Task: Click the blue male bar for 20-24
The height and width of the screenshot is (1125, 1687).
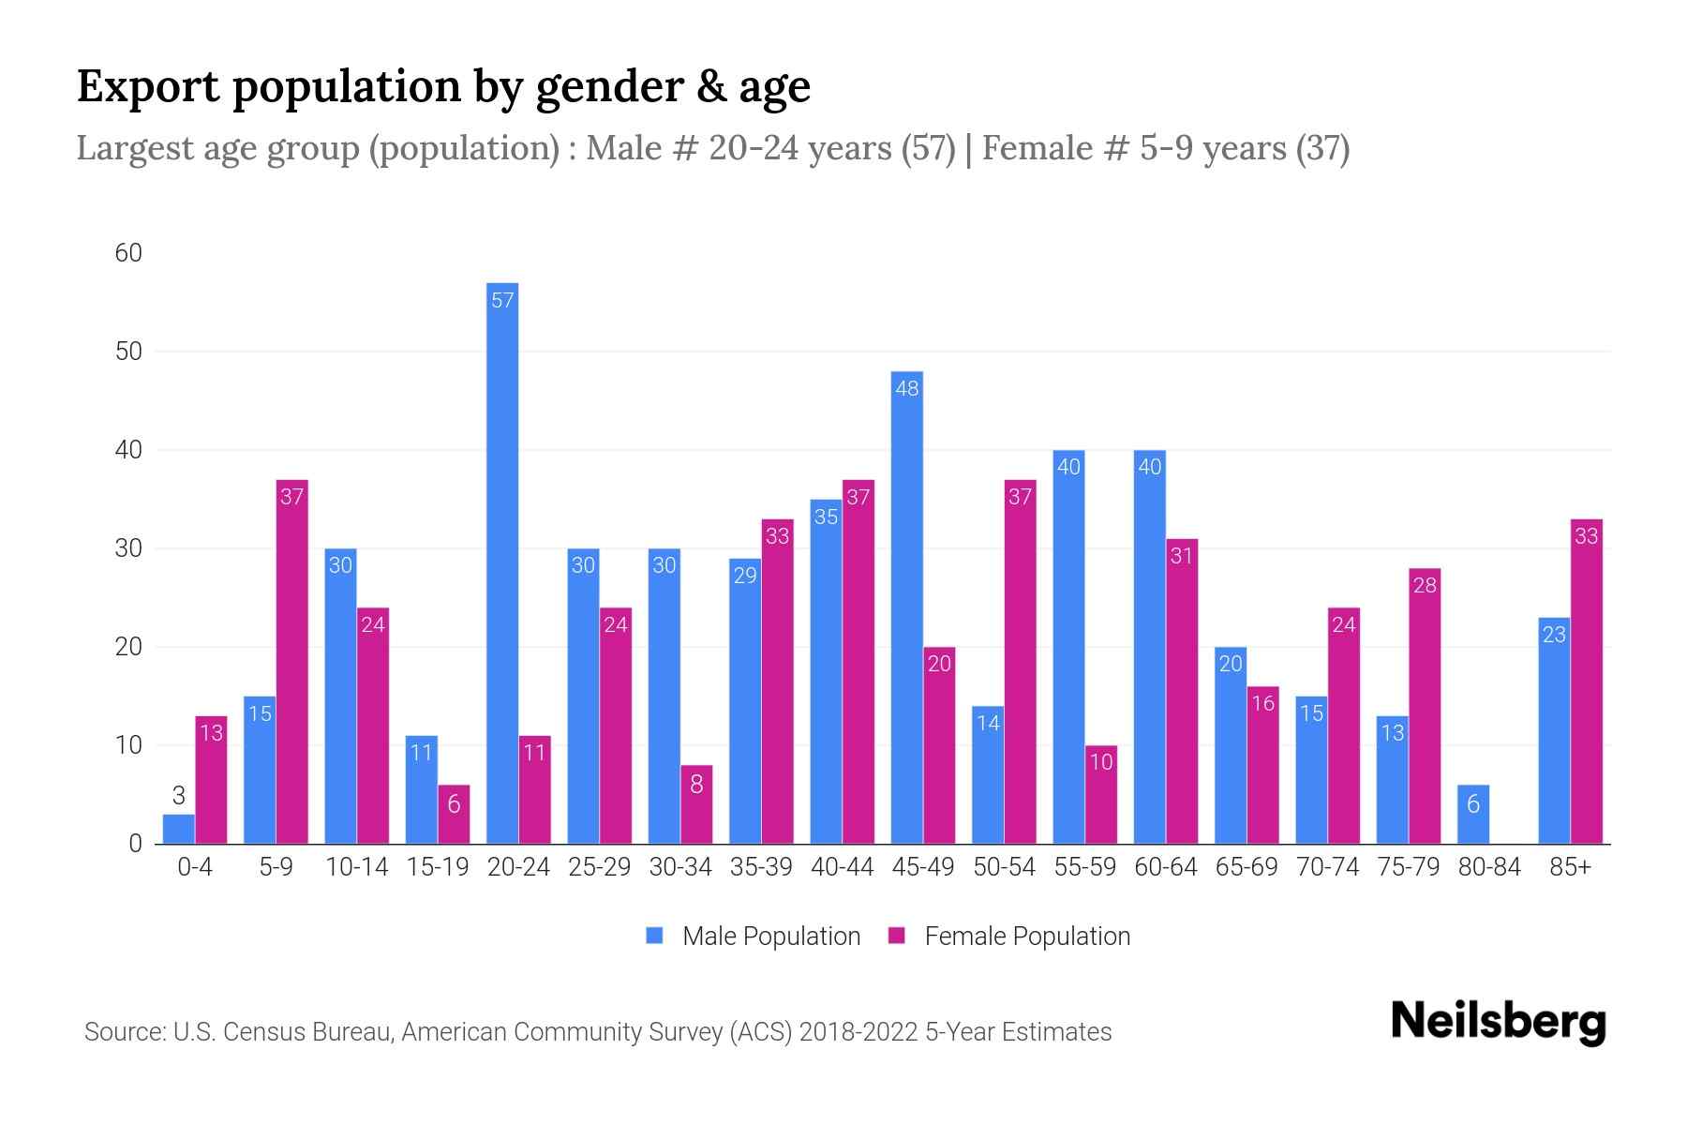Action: [502, 562]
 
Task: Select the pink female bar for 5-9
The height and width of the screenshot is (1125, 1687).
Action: [292, 661]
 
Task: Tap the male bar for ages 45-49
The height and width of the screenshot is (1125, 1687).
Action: [906, 607]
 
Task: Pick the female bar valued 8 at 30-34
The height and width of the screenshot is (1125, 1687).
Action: [696, 804]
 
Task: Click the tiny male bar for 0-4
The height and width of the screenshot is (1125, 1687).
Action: [178, 830]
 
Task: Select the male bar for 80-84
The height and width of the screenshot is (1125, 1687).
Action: [1473, 814]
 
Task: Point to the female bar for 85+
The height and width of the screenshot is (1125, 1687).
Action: [1586, 681]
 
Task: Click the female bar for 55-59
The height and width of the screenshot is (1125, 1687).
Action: [1101, 795]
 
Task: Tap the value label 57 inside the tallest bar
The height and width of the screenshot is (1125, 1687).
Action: [502, 300]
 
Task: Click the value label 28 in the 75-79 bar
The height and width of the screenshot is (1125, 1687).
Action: [1425, 586]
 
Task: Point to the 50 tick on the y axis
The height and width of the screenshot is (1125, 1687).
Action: [128, 352]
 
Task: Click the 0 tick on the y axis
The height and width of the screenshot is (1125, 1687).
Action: [135, 844]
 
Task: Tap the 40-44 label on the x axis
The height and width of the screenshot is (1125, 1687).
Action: [842, 867]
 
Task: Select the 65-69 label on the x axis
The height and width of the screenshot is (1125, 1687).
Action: [1247, 867]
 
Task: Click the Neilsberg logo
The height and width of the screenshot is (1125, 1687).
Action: [1498, 1022]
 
